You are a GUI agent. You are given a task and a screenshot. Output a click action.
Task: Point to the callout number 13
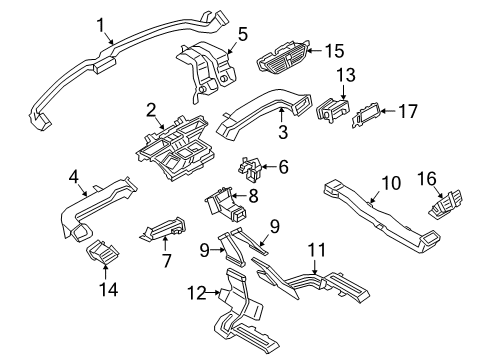coord(345,75)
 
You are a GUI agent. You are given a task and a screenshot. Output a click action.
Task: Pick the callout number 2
coord(151,110)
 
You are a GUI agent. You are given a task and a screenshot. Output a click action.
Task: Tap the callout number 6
coord(283,167)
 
